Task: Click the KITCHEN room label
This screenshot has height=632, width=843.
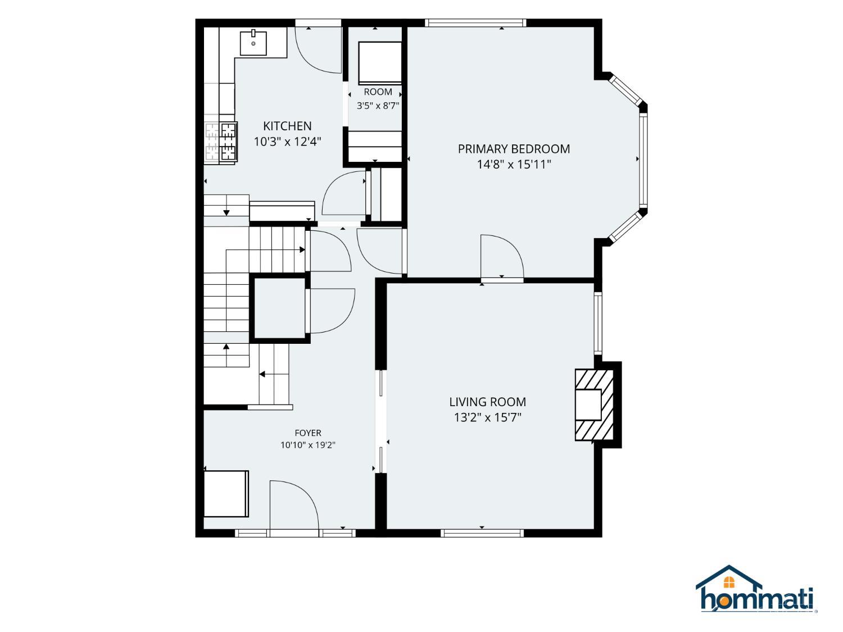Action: [x=287, y=126]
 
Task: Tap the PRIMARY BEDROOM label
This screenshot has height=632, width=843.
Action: [x=514, y=149]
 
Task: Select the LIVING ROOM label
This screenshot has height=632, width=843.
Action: [x=487, y=402]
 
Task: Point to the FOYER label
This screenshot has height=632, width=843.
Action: [x=307, y=433]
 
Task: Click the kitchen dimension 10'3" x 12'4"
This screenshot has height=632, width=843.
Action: [x=287, y=142]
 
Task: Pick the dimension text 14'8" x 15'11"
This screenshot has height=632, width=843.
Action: [x=514, y=164]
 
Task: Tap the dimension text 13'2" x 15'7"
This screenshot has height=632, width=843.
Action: [x=487, y=417]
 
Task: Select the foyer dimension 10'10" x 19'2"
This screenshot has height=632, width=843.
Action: [x=307, y=445]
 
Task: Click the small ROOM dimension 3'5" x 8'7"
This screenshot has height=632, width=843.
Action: [x=378, y=106]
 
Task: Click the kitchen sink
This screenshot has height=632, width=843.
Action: [x=253, y=43]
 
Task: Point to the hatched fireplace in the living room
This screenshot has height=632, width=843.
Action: [x=593, y=404]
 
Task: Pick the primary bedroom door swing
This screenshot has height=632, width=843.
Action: [x=501, y=256]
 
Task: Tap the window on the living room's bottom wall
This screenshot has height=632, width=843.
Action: [x=482, y=533]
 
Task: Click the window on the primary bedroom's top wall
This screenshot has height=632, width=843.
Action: [x=475, y=23]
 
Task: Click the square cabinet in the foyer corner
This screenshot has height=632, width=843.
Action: [x=226, y=494]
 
